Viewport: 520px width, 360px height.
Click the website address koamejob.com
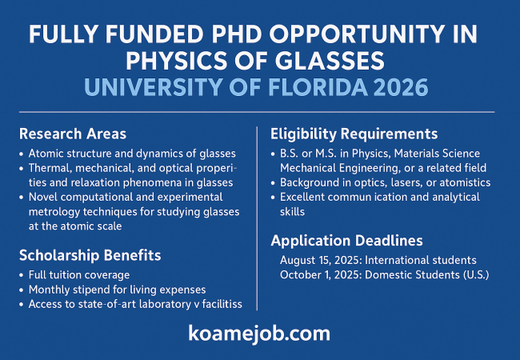point(259,334)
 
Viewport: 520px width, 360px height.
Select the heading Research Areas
point(73,134)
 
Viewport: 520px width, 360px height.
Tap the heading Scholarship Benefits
point(90,255)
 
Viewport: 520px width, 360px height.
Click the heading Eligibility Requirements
point(354,134)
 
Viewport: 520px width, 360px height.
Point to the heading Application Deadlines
point(346,241)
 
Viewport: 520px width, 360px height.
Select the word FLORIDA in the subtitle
point(318,87)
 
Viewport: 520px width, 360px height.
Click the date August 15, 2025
point(320,261)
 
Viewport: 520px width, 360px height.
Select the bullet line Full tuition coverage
point(79,275)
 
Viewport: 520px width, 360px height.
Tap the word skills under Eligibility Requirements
point(292,211)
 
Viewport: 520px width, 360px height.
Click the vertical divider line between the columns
point(257,218)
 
